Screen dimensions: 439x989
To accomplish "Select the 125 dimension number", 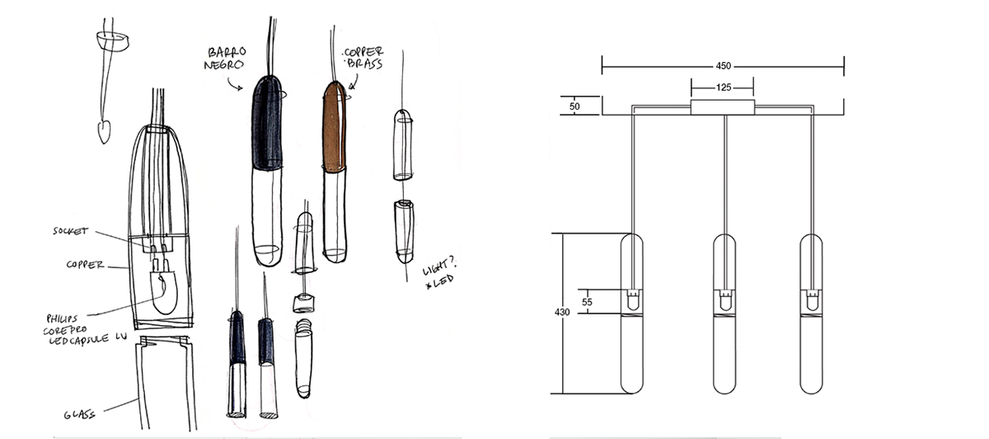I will click(723, 87).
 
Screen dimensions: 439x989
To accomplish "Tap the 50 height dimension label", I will click(574, 106).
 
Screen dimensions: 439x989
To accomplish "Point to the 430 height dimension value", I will click(561, 314).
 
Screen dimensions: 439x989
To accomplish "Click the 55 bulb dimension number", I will click(588, 302).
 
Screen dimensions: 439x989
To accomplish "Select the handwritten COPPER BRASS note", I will click(364, 57).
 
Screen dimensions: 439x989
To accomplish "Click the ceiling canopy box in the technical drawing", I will click(723, 107).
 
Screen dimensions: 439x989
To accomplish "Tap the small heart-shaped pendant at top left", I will click(104, 131).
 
